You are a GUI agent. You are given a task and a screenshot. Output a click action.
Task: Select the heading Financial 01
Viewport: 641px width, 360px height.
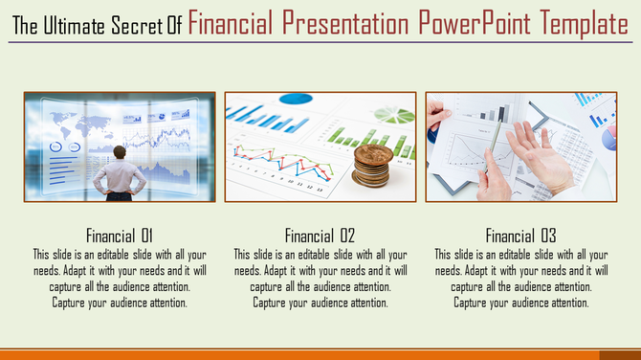(120, 235)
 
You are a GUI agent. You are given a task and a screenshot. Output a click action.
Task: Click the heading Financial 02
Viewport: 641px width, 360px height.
(320, 235)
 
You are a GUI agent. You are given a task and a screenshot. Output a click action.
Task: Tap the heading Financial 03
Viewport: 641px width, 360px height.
(520, 235)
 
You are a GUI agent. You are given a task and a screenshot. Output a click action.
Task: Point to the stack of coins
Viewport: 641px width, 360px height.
(369, 165)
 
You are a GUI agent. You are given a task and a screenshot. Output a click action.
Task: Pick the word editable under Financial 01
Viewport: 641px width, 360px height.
(112, 255)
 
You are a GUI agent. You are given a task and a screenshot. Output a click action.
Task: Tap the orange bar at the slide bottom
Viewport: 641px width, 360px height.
(320, 353)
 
